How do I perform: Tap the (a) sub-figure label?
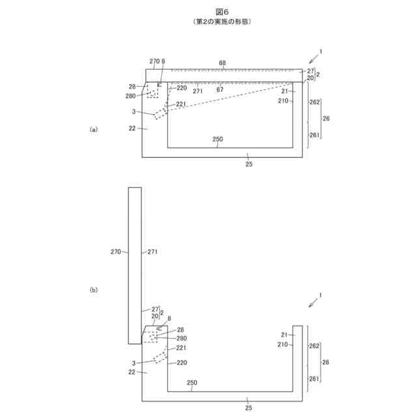pos(93,130)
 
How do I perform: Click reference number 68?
pos(222,63)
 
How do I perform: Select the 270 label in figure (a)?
pos(154,61)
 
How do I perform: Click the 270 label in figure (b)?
pos(117,251)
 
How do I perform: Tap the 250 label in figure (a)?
pos(218,140)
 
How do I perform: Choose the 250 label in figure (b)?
pos(194,383)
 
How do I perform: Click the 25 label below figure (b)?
pos(248,407)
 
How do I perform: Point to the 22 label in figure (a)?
pos(132,129)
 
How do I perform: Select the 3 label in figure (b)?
pos(134,363)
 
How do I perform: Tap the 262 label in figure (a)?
pos(315,102)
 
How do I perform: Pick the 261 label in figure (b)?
pos(315,379)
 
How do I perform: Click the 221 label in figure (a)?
pos(180,104)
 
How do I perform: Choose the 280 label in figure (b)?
pos(182,338)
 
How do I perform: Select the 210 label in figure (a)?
pos(283,101)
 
